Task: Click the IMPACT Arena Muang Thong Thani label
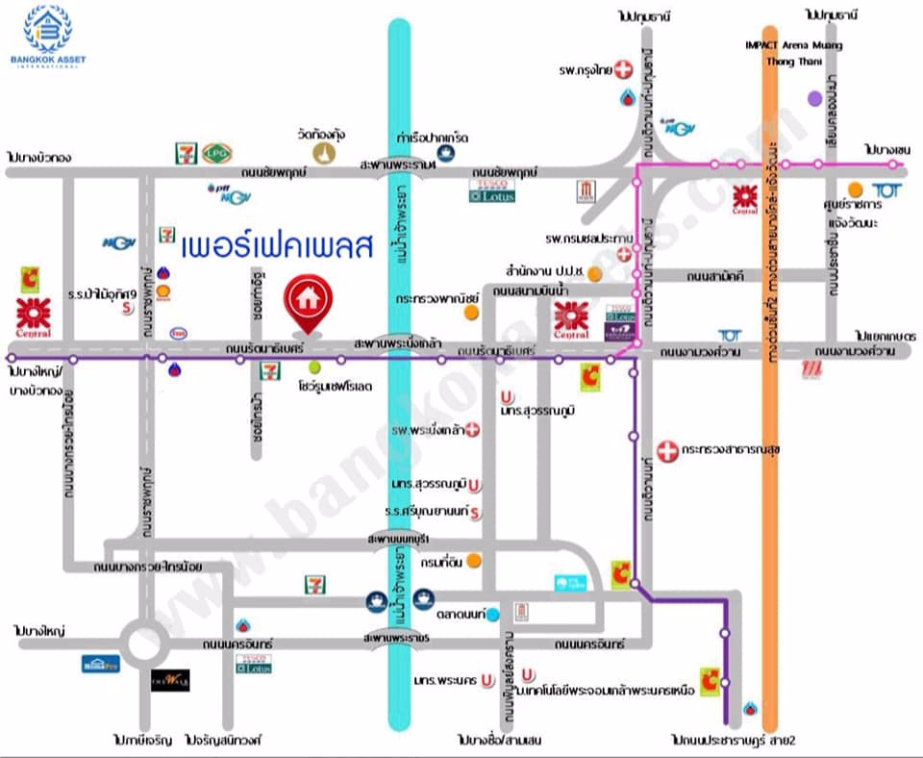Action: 794,53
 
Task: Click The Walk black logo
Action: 170,680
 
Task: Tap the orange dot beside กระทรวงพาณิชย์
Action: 470,312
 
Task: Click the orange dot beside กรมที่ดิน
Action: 473,560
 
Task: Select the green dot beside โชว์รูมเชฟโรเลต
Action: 315,367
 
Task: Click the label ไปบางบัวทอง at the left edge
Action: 38,156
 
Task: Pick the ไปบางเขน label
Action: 886,151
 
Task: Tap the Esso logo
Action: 180,334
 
